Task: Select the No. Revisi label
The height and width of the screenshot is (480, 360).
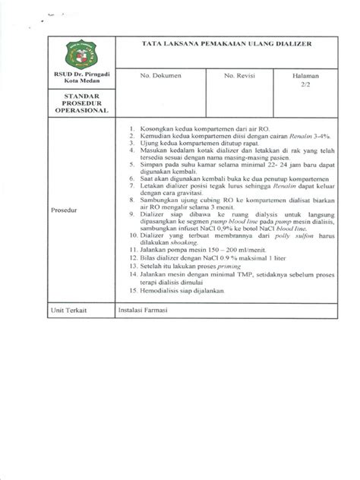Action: pyautogui.click(x=238, y=77)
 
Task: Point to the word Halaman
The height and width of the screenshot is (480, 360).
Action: pyautogui.click(x=302, y=77)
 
